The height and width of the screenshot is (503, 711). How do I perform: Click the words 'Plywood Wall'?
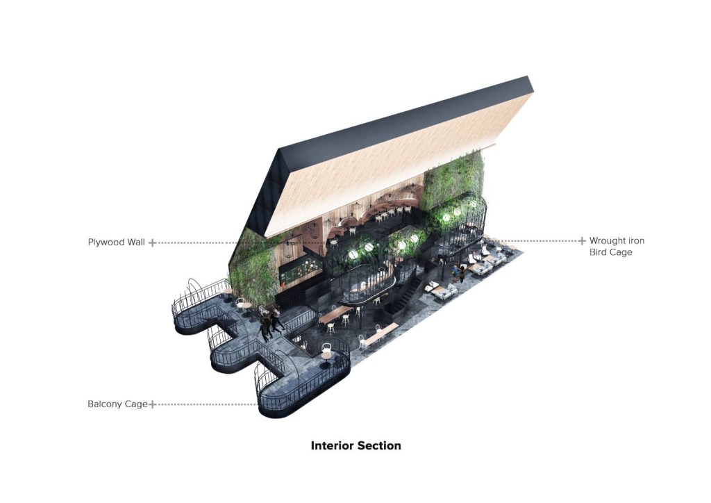(117, 242)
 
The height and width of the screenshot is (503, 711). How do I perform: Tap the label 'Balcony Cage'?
(117, 404)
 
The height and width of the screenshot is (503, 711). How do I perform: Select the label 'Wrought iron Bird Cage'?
(617, 246)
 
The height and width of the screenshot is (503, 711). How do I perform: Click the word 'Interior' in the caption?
(332, 445)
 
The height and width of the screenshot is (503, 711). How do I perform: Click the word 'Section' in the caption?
(379, 445)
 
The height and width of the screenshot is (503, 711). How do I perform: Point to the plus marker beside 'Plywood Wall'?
(153, 242)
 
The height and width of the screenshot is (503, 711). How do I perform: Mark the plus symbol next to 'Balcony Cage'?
(152, 404)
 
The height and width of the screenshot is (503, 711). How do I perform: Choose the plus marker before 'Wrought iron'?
(582, 241)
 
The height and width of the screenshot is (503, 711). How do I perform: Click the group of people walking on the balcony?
(271, 323)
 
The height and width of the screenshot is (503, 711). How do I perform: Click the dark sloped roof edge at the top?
(403, 115)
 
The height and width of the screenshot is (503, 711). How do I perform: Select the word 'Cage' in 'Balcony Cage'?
(137, 404)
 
